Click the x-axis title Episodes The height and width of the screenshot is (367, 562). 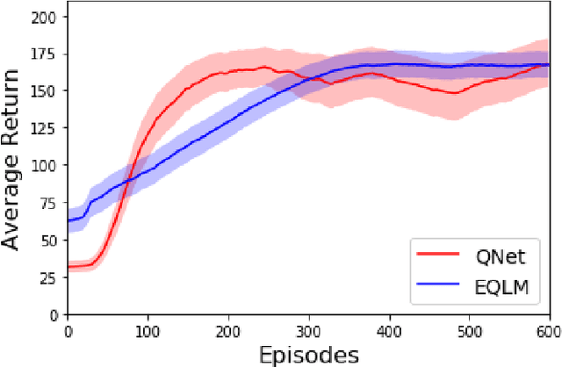click(x=308, y=354)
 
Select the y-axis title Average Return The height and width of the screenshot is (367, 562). click(x=13, y=162)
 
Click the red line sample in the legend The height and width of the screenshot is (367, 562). click(x=439, y=255)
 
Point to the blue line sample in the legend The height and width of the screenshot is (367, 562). click(x=439, y=285)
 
